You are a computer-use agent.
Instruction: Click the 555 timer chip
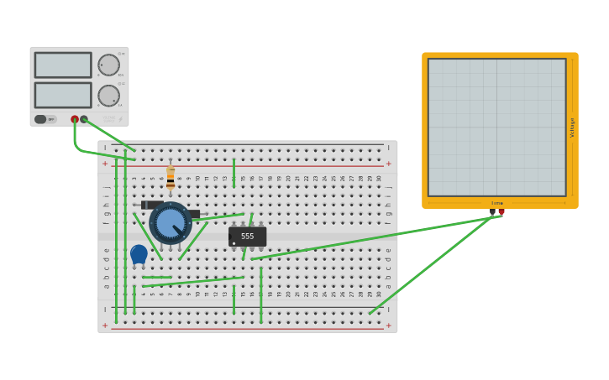[x=247, y=237]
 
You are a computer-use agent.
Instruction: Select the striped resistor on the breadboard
[x=171, y=178]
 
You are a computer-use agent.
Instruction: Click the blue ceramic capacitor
[x=139, y=253]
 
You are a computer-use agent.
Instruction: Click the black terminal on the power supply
[x=84, y=119]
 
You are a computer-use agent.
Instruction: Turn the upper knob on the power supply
[x=108, y=65]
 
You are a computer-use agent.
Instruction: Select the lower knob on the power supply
[x=108, y=96]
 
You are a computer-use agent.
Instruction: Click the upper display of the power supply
[x=63, y=65]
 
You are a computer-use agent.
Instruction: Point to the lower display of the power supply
[x=63, y=95]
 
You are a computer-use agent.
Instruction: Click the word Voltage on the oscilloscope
[x=573, y=127]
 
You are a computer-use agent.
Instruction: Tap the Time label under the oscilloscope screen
[x=497, y=203]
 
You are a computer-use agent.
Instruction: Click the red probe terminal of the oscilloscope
[x=501, y=212]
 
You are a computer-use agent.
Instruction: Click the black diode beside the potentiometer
[x=151, y=205]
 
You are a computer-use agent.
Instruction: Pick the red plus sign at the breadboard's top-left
[x=105, y=164]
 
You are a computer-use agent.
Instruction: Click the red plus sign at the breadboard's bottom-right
[x=388, y=325]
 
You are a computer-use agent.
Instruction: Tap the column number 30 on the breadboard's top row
[x=379, y=178]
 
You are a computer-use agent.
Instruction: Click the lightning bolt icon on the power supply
[x=119, y=119]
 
